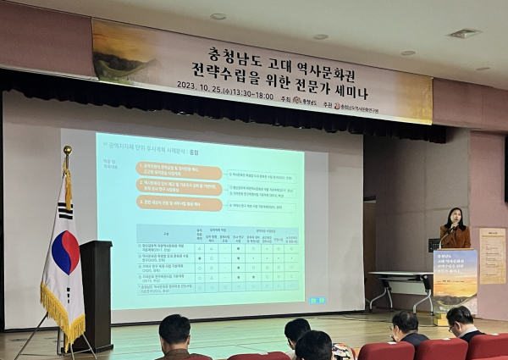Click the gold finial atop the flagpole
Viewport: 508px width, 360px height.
(67, 150)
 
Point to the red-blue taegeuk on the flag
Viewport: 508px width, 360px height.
(65, 252)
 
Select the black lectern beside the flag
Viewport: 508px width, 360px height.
(96, 292)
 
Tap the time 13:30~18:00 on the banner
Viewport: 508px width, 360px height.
(252, 97)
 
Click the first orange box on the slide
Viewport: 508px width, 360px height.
(179, 168)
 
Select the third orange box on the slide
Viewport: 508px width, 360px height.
(179, 203)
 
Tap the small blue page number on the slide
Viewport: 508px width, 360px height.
(317, 300)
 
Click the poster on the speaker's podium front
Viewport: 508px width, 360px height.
(455, 280)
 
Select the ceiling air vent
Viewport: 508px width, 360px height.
(463, 33)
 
